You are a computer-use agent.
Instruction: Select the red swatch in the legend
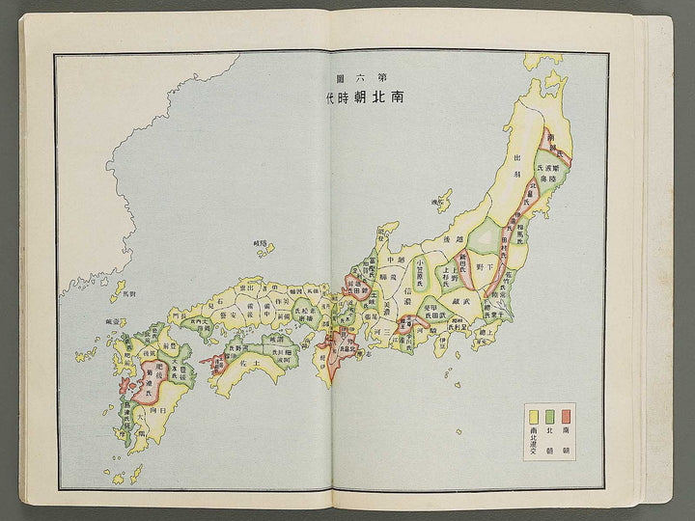pos(565,417)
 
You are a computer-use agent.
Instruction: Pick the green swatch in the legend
pos(550,417)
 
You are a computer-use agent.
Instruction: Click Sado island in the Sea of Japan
pos(442,204)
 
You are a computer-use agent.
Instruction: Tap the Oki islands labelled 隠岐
pos(261,248)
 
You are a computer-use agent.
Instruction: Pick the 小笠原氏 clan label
pos(421,267)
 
